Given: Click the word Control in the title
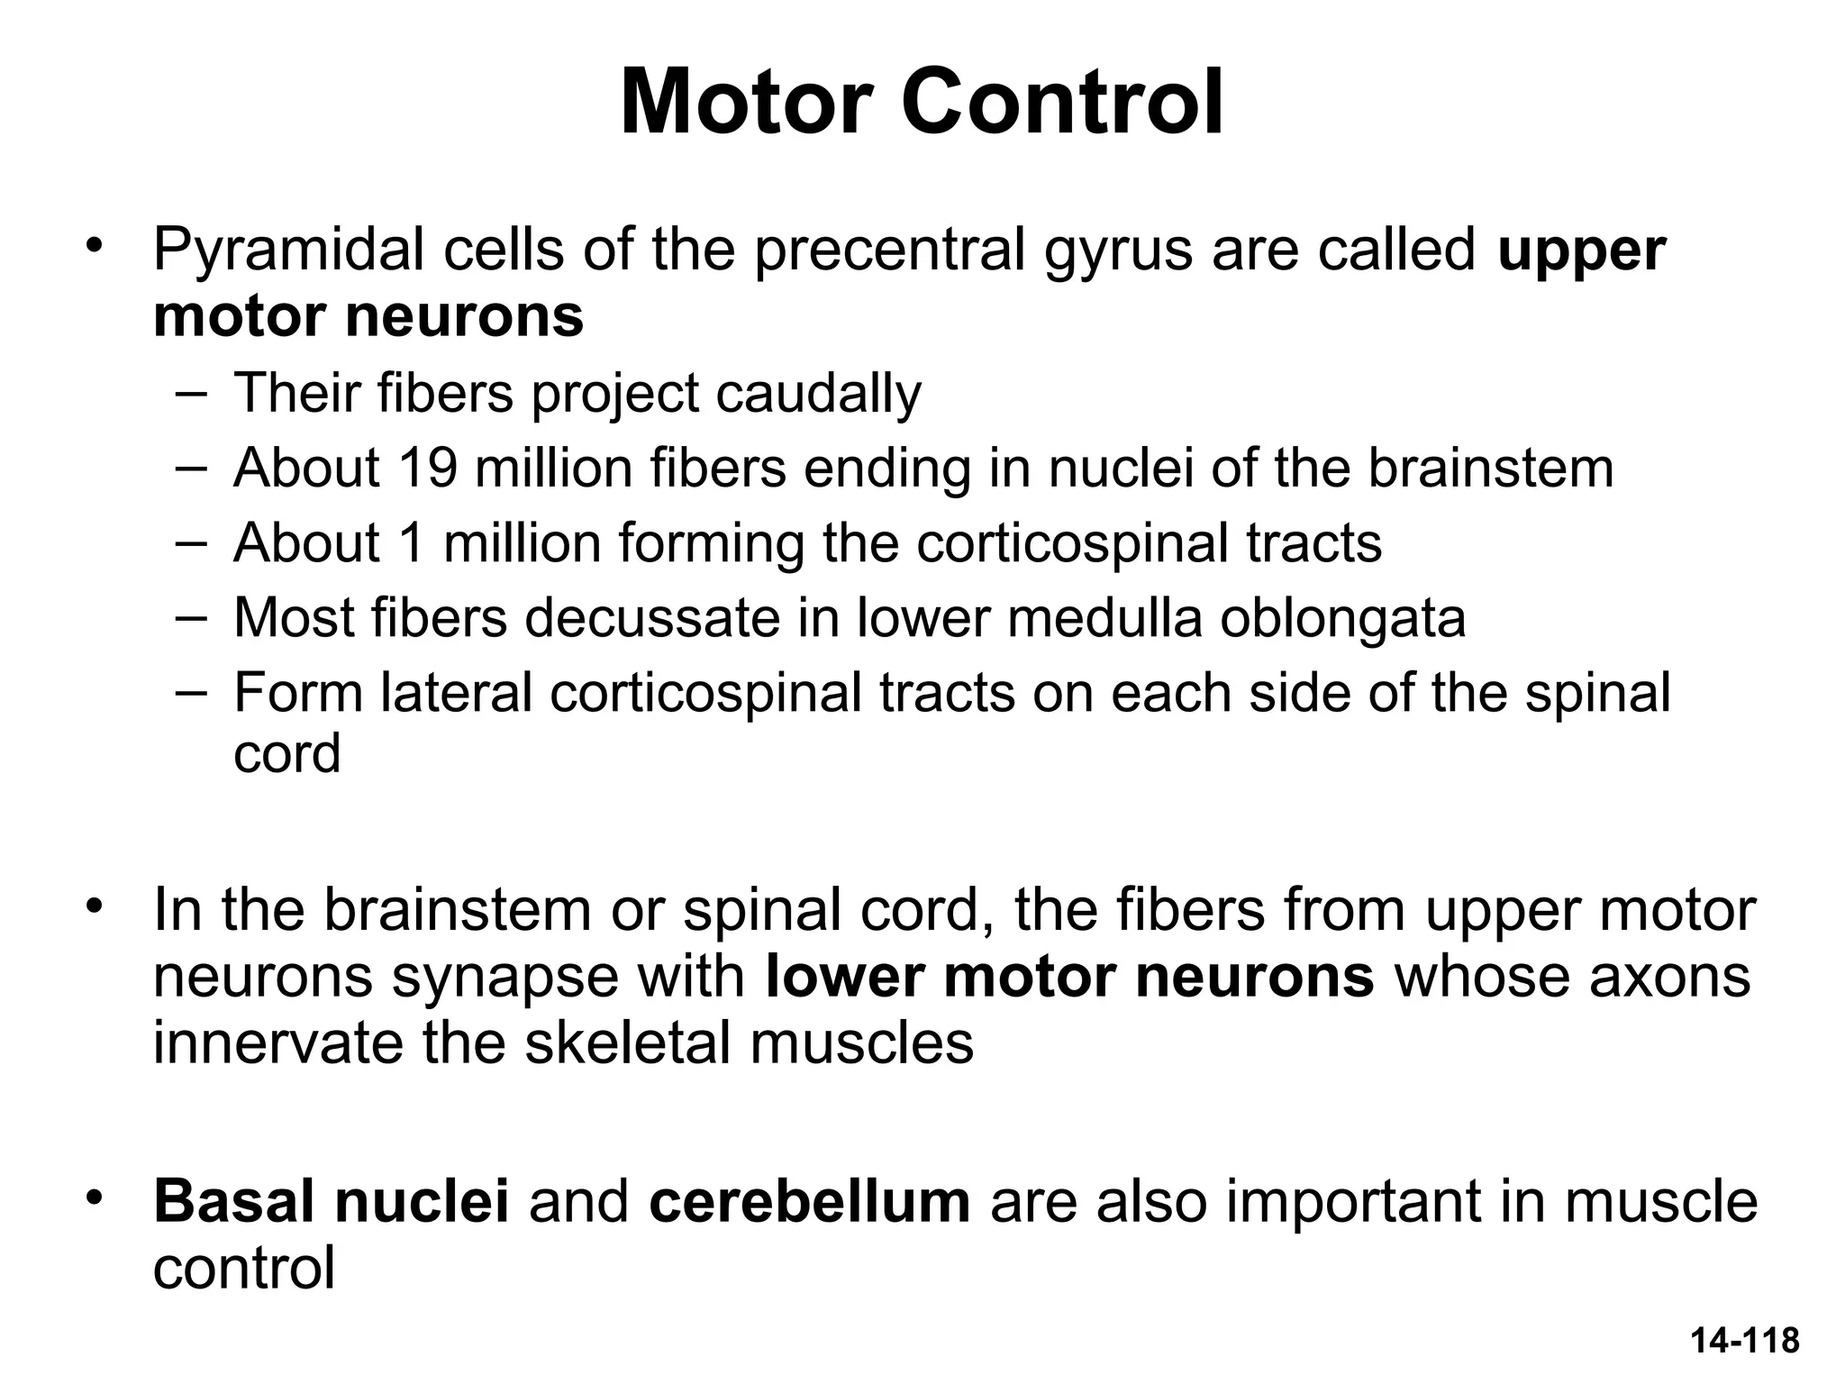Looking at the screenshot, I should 1063,102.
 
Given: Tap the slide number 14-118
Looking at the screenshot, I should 1744,1341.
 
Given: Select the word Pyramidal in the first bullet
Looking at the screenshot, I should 288,250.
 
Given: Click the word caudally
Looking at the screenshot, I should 818,394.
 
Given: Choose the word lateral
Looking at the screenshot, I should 456,692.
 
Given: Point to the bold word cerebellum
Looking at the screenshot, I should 809,1201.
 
